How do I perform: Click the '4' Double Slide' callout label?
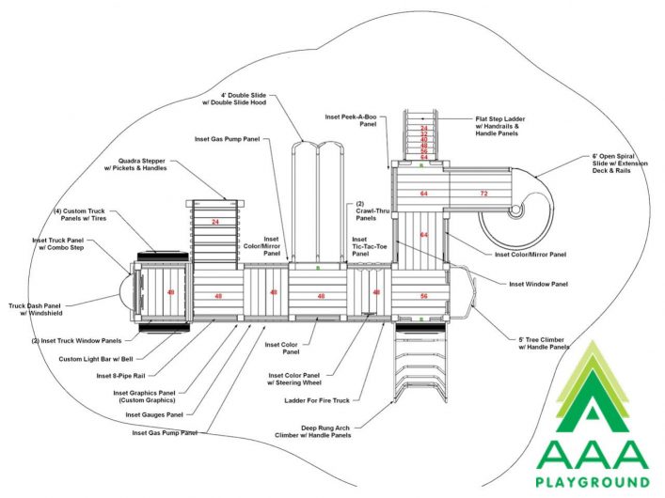tap(234, 99)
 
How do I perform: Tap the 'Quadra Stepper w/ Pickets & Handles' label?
tap(135, 164)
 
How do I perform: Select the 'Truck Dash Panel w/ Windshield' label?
tap(36, 309)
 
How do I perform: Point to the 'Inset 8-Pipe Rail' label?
tap(121, 376)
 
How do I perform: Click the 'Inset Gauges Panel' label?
tap(154, 414)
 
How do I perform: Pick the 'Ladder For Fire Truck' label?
tap(317, 400)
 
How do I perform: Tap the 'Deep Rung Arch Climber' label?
tap(313, 431)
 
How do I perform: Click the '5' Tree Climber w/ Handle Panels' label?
tap(544, 343)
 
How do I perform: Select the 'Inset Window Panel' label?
tap(539, 284)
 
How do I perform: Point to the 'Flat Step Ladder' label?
tap(500, 126)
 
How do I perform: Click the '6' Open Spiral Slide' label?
tap(620, 163)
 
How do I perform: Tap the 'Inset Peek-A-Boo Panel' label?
tap(351, 120)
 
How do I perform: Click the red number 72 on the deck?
tap(483, 194)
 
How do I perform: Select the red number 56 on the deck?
tap(423, 296)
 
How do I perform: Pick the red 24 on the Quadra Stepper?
tap(215, 222)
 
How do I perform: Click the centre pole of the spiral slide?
tap(515, 210)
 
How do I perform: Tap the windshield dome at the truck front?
tap(124, 293)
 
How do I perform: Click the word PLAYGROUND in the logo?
tap(593, 482)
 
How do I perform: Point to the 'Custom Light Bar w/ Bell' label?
tap(96, 359)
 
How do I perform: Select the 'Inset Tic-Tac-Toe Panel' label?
tap(370, 247)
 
